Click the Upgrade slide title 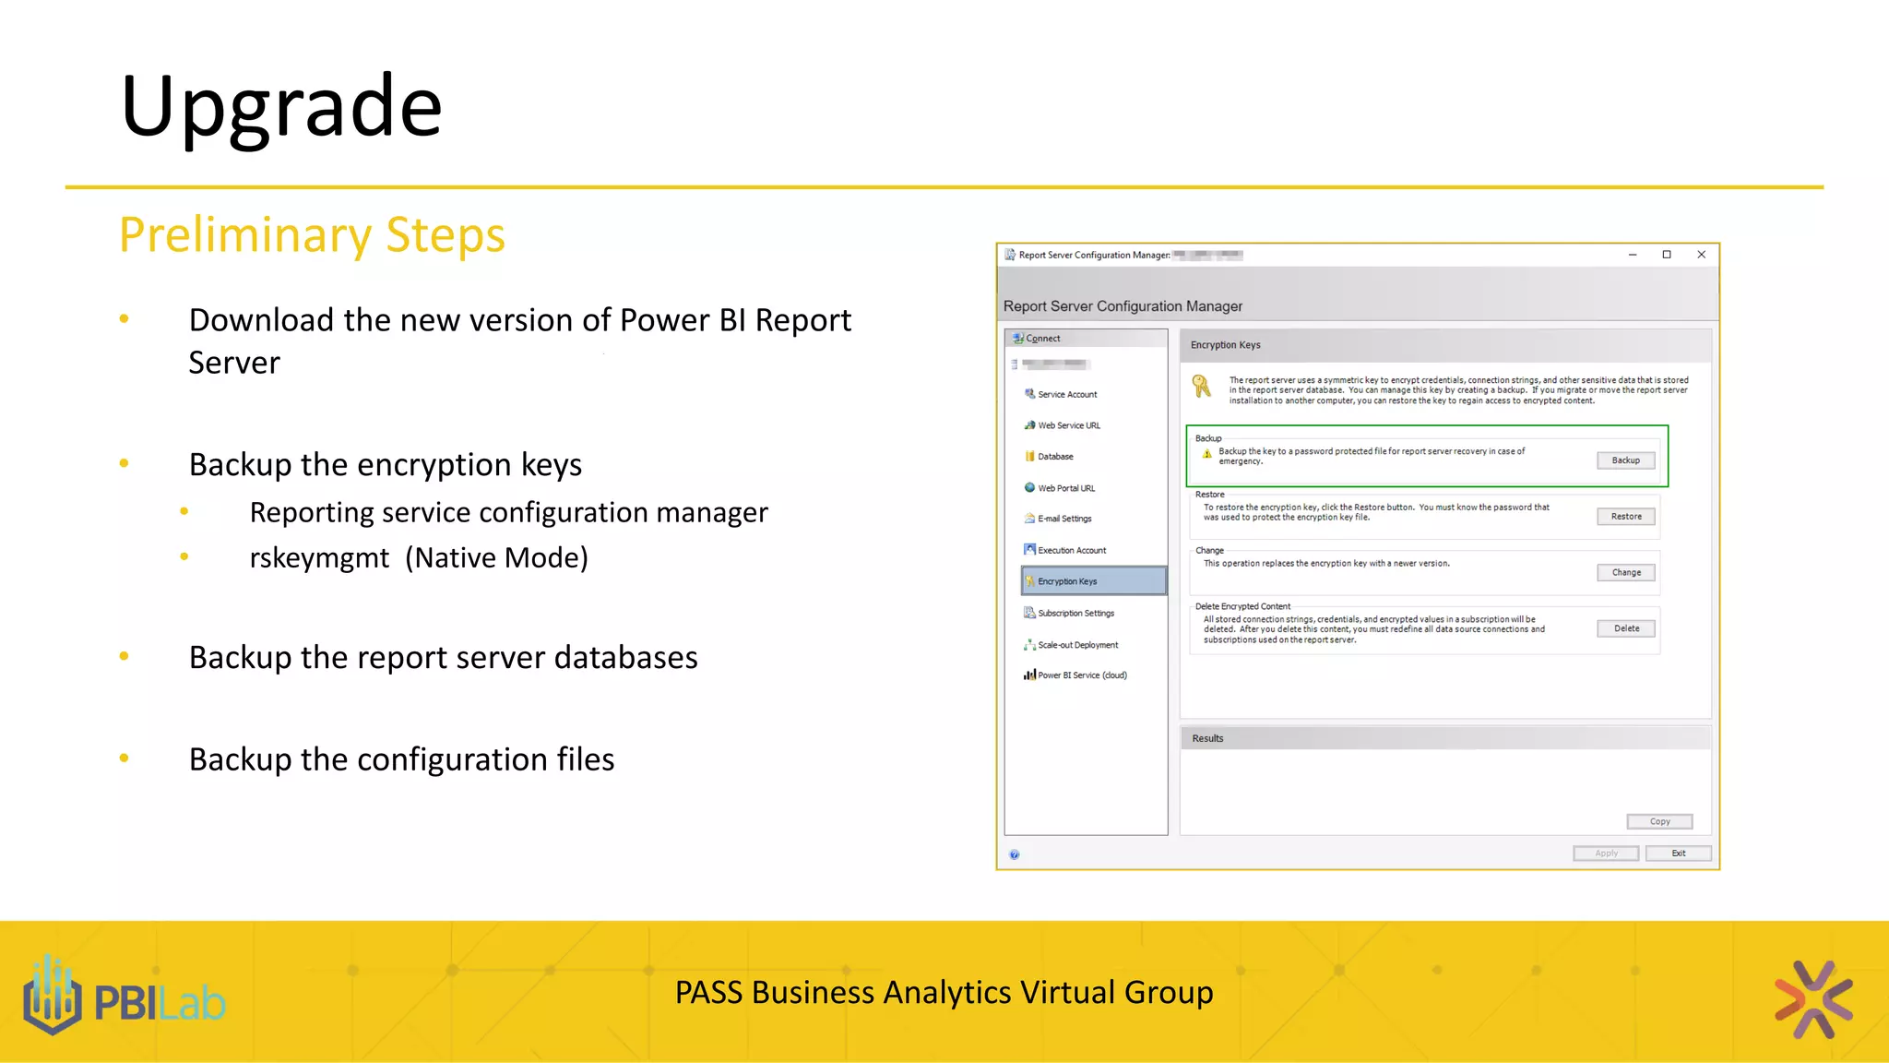click(x=281, y=106)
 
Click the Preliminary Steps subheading click(x=312, y=234)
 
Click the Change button click(x=1626, y=572)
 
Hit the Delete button click(x=1626, y=628)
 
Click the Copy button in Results click(x=1659, y=821)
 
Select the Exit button click(x=1678, y=854)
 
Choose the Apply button click(x=1606, y=854)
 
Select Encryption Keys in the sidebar click(x=1067, y=581)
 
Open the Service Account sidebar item click(x=1067, y=394)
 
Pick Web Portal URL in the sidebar click(x=1066, y=488)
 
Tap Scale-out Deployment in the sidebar click(x=1077, y=645)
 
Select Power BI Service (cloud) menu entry click(x=1082, y=675)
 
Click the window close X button click(x=1702, y=255)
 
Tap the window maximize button click(x=1667, y=255)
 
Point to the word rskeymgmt click(x=319, y=558)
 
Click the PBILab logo click(x=125, y=998)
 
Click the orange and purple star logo click(x=1813, y=999)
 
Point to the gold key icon click(x=1201, y=386)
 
